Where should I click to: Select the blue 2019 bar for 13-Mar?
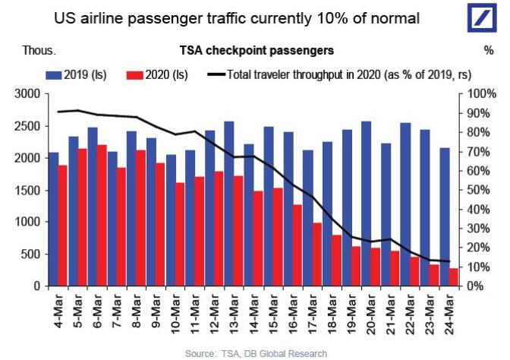[229, 204]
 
